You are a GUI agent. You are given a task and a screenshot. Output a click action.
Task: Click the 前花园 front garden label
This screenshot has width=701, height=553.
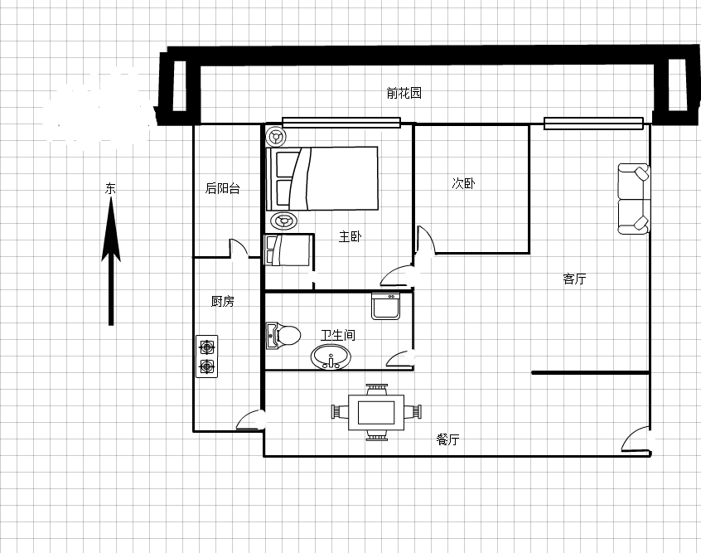[x=404, y=93]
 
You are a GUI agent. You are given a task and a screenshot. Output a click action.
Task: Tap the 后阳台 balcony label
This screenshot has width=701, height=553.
[x=223, y=188]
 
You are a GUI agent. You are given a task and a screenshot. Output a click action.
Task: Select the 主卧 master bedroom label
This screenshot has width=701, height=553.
[x=350, y=236]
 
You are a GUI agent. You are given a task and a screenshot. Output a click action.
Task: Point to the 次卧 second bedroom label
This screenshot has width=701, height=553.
[x=464, y=183]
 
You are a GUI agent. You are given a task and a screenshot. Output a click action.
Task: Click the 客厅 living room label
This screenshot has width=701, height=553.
[x=574, y=279]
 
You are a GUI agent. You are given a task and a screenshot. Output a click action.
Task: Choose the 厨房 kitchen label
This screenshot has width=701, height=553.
[x=223, y=301]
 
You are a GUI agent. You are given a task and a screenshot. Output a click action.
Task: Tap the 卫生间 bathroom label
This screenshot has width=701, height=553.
[x=338, y=335]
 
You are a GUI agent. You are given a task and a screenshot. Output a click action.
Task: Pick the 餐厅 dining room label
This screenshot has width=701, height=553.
[x=448, y=439]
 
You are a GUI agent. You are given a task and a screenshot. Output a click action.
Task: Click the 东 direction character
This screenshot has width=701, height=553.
[x=110, y=188]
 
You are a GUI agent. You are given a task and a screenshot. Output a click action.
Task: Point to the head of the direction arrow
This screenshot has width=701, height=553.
[x=111, y=198]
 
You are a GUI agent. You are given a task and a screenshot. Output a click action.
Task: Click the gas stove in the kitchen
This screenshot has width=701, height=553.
[x=206, y=357]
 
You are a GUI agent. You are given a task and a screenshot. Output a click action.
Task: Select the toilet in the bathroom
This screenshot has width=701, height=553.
[x=283, y=335]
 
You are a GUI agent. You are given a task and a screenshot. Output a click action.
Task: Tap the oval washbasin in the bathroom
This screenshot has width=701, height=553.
[x=331, y=357]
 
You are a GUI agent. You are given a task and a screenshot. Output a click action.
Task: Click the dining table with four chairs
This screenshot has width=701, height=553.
[x=376, y=412]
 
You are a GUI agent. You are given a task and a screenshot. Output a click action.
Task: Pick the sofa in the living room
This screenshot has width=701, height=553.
[x=634, y=199]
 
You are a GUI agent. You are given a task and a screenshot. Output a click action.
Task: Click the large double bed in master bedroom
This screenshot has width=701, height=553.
[x=321, y=178]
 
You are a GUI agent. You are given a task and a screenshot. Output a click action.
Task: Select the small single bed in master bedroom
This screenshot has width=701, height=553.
[x=289, y=250]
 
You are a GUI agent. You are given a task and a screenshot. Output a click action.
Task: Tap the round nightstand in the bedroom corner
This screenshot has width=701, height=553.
[x=275, y=136]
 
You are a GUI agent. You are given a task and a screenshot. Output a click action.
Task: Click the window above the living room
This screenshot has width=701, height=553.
[x=593, y=124]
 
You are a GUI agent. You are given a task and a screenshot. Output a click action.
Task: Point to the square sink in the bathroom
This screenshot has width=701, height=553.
[x=385, y=307]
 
